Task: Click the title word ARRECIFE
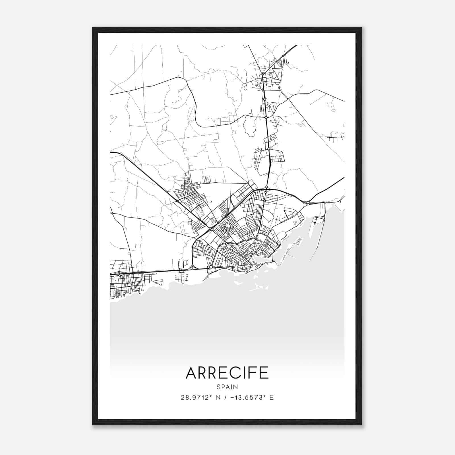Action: (227, 373)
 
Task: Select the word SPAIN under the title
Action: (227, 387)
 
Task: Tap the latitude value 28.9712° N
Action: (199, 398)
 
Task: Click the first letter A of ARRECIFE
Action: (191, 373)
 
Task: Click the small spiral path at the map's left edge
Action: (113, 117)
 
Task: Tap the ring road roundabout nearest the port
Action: (308, 203)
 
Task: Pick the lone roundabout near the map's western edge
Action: (112, 213)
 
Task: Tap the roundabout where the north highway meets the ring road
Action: (266, 187)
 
